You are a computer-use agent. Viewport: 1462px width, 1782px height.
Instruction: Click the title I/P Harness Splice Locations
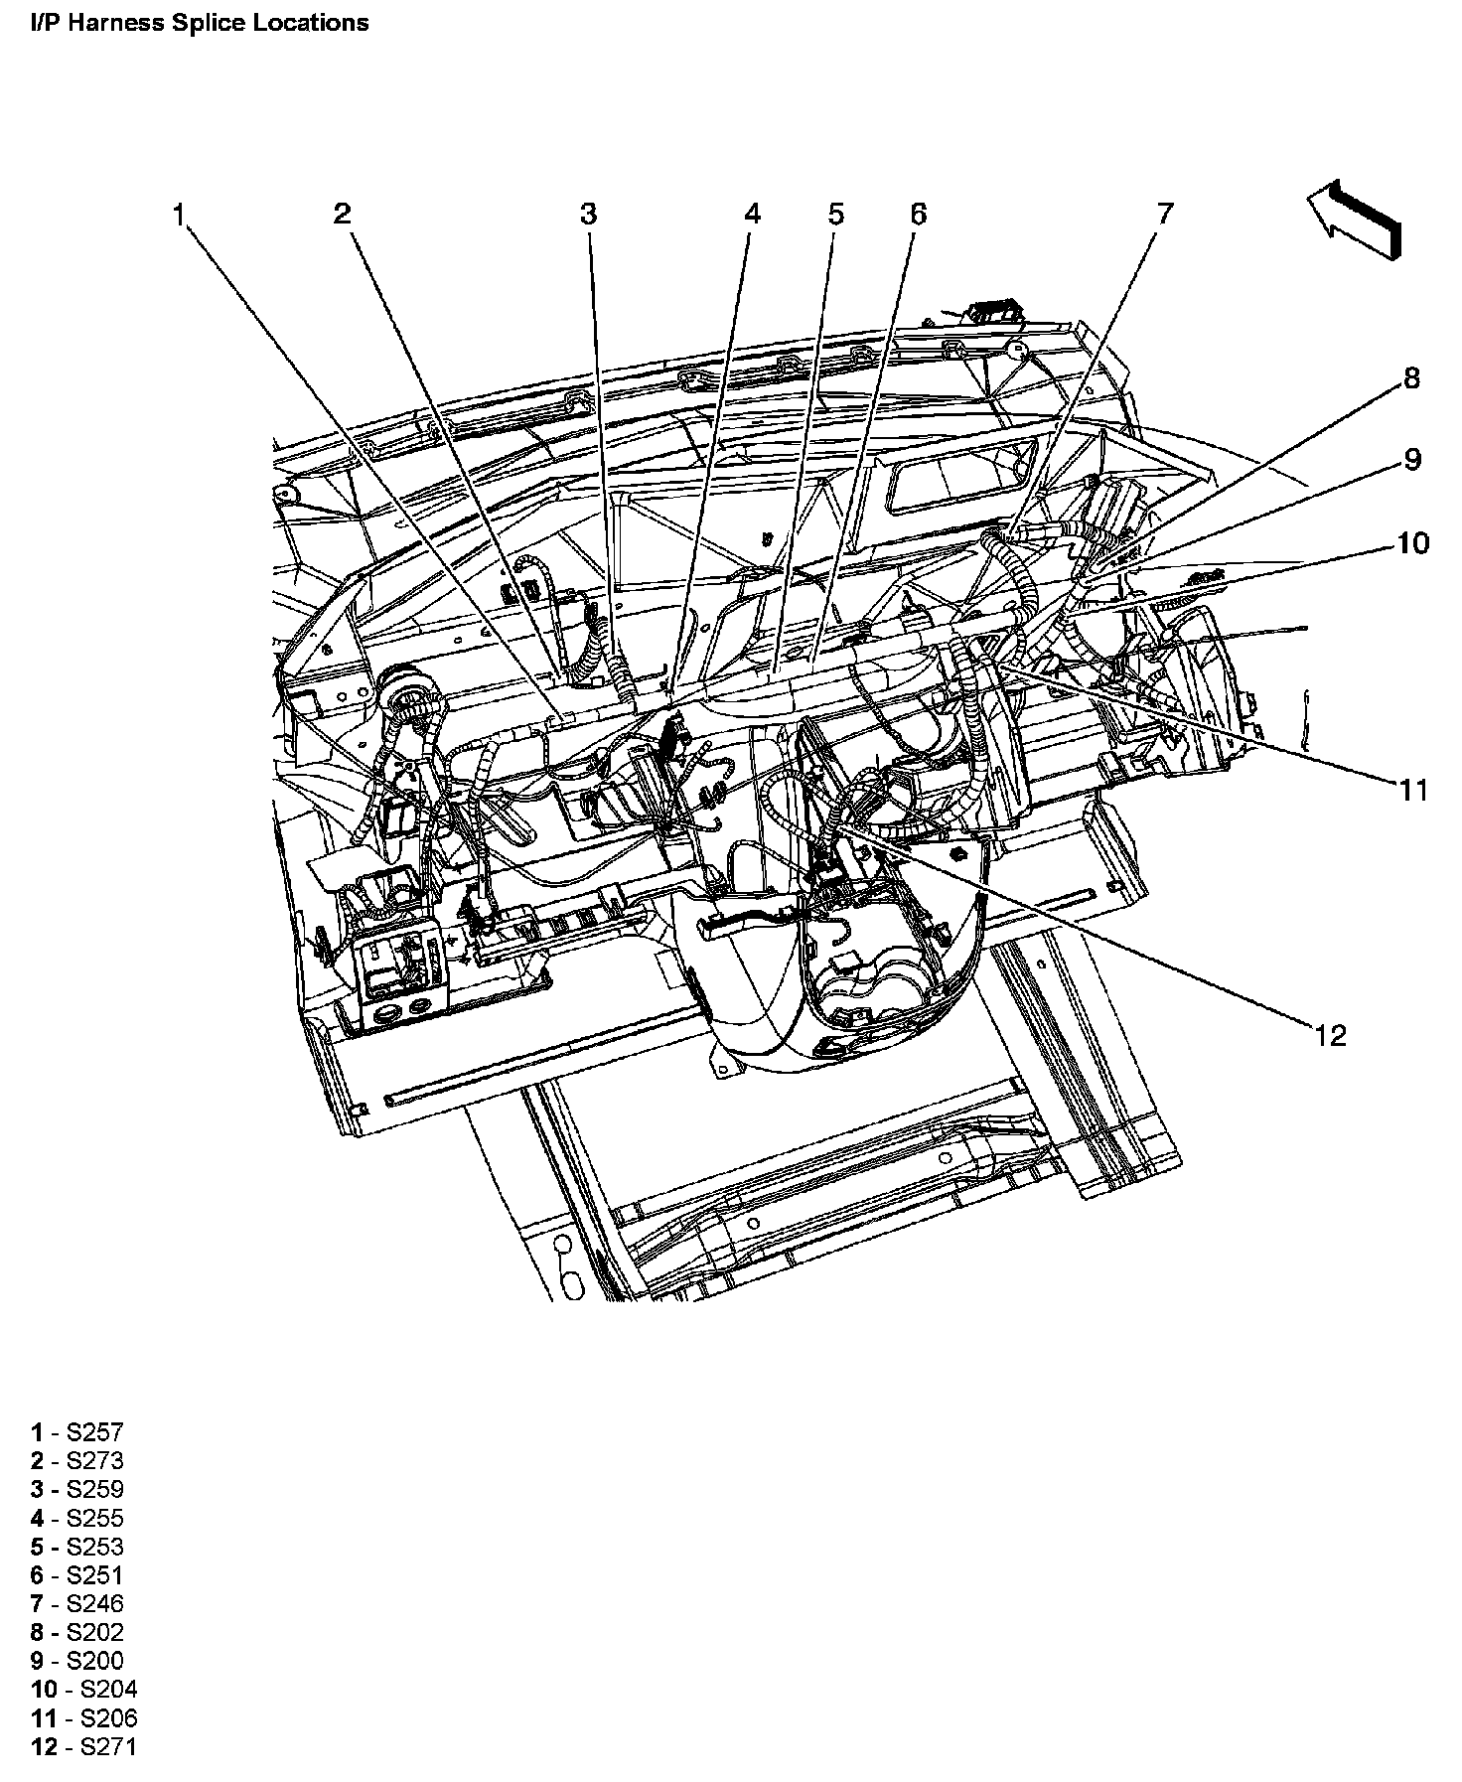200,23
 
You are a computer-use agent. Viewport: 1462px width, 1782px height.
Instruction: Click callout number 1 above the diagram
179,215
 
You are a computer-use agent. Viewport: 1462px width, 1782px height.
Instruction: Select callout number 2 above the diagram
343,214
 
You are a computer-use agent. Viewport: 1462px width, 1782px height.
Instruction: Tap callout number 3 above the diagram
589,214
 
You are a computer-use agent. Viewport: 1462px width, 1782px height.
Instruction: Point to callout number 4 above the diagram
752,214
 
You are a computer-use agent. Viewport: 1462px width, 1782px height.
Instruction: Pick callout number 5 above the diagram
835,214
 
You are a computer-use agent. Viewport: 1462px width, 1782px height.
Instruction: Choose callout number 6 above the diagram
917,214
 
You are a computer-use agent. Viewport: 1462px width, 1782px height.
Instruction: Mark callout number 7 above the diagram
1164,214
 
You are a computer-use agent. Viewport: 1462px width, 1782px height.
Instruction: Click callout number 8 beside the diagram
1411,378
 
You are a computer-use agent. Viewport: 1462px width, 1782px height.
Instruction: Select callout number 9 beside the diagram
1411,460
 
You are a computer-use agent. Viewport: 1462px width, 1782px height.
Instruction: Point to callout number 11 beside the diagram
1412,791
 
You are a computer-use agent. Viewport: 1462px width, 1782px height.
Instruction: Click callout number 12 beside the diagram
1330,1036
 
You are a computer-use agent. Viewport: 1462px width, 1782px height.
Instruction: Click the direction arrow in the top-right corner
1355,222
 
